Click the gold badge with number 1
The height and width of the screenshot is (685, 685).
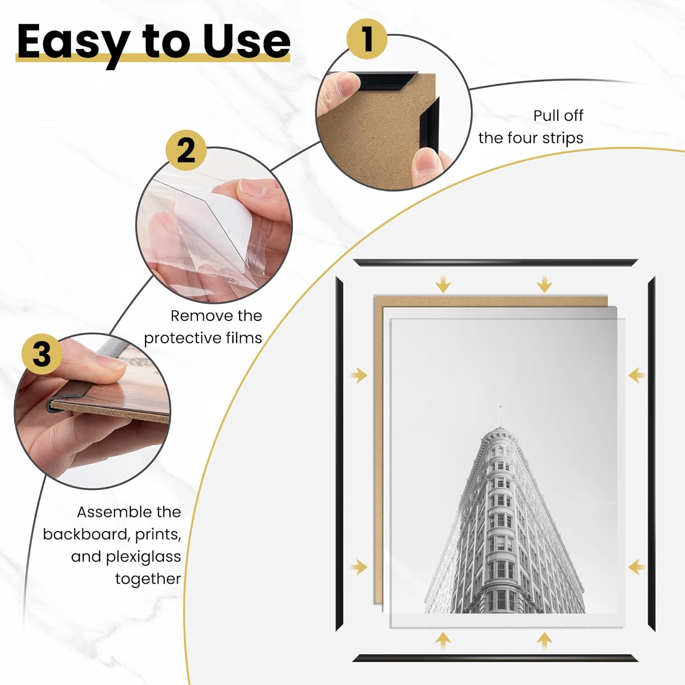pyautogui.click(x=367, y=38)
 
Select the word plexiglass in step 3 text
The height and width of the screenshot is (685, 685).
pyautogui.click(x=143, y=557)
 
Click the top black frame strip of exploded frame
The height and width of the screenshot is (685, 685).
pyautogui.click(x=495, y=263)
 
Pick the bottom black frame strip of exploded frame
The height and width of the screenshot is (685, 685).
pyautogui.click(x=495, y=658)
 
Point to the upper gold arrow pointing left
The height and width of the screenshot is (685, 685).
pyautogui.click(x=636, y=376)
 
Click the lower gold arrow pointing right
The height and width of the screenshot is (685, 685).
pyautogui.click(x=359, y=568)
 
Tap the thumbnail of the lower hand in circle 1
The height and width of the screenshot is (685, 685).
pyautogui.click(x=427, y=160)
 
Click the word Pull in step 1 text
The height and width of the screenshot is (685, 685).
pyautogui.click(x=545, y=116)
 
